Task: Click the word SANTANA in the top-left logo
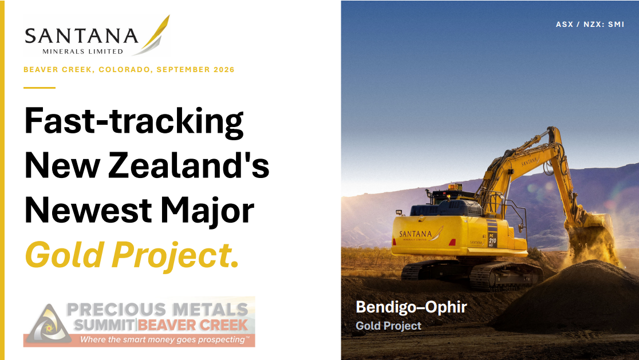coord(81,36)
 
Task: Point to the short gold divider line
coord(40,88)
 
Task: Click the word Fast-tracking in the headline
coord(135,121)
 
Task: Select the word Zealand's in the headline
coord(189,165)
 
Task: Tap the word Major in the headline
coord(207,210)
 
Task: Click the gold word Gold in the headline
coord(64,255)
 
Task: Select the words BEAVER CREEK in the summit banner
coord(193,325)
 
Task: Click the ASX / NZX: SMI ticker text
coord(590,25)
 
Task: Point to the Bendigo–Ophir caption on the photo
coord(411,307)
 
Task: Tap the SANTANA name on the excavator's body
coord(416,234)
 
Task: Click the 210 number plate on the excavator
coord(492,241)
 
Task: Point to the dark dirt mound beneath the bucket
coord(570,297)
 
